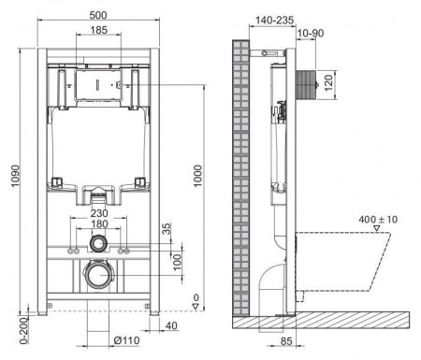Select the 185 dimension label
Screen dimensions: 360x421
[x=96, y=32]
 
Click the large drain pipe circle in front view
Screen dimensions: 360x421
[x=96, y=276]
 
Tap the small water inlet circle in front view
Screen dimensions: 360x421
[x=96, y=245]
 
